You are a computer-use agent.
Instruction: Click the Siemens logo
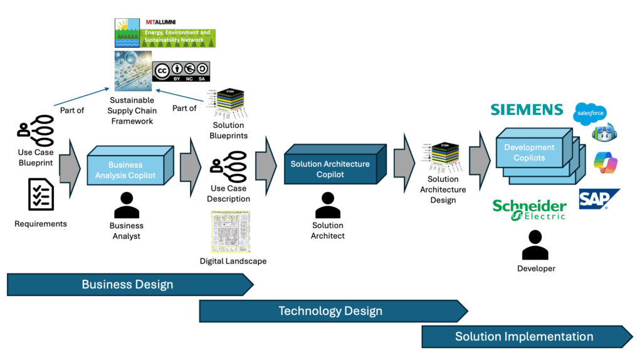click(527, 110)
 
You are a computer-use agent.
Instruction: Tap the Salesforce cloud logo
click(590, 114)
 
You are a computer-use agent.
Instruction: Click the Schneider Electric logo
click(529, 209)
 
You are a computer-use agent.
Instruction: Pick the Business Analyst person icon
click(127, 205)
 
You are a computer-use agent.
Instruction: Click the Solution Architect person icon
click(327, 205)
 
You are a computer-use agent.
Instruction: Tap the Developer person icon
click(535, 245)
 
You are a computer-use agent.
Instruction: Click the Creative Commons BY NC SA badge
click(181, 71)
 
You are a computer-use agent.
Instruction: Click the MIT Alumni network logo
click(165, 33)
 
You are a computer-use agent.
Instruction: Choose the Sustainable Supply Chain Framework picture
click(133, 71)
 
